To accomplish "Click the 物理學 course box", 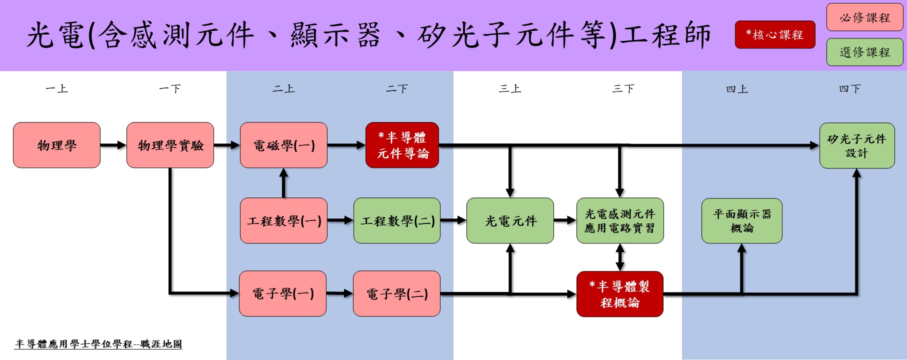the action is point(56,145).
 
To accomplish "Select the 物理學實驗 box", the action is point(170,145).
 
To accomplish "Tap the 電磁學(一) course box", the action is point(283,145).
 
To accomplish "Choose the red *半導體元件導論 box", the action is point(402,145).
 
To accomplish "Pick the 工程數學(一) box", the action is point(283,220).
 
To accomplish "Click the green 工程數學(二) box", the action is point(397,220).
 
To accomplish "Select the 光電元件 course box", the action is point(510,220).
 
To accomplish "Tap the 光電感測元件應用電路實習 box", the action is point(620,220).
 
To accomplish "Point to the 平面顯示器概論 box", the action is point(742,220).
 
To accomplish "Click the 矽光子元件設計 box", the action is point(857,145).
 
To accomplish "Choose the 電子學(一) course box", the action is point(282,293).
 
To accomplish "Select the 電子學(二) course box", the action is point(396,293).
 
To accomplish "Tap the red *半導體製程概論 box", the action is point(620,294).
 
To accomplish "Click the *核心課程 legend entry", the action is point(775,34).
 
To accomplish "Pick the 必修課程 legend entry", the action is point(865,17).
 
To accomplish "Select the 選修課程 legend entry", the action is point(865,52).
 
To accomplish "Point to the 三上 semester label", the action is point(510,89).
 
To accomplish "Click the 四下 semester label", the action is point(850,89).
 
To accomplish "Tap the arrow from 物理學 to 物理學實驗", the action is point(113,145).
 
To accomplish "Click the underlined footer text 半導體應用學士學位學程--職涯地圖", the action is point(98,344).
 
